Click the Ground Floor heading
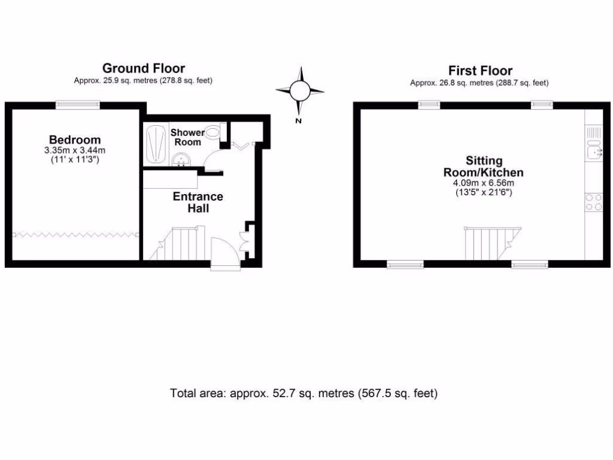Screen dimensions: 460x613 [x=143, y=68]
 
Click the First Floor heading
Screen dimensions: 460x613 [x=480, y=71]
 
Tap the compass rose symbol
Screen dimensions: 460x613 [x=300, y=91]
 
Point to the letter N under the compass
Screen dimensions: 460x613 [x=298, y=121]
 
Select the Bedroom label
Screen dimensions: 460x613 [x=75, y=140]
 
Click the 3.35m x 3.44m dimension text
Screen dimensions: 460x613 [x=75, y=150]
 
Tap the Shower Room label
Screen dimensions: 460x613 [x=187, y=137]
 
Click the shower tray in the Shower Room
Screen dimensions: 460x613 [x=156, y=143]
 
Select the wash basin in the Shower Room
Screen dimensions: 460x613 [x=181, y=159]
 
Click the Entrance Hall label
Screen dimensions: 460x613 [x=198, y=202]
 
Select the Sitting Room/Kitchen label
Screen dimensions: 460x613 [x=484, y=167]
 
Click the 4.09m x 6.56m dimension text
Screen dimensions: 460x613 [x=484, y=183]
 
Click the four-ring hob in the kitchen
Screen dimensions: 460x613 [x=594, y=202]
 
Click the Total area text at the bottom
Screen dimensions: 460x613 [x=304, y=394]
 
